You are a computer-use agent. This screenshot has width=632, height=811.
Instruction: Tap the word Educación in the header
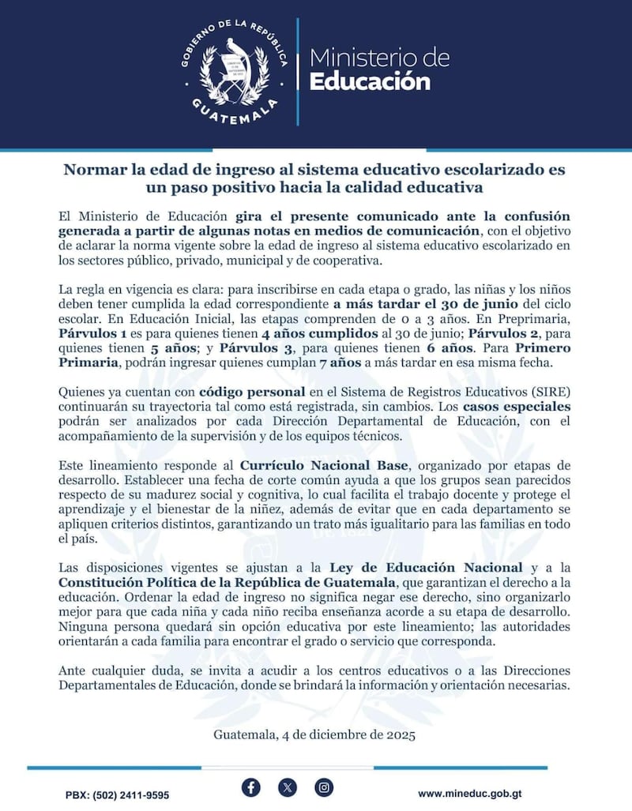(x=370, y=81)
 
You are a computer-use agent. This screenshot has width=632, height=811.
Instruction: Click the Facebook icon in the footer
(x=250, y=787)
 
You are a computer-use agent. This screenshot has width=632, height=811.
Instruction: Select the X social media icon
(x=288, y=787)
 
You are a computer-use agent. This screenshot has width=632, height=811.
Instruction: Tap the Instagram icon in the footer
(x=324, y=787)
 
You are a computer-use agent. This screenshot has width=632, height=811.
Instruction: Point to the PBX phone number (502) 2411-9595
(x=116, y=794)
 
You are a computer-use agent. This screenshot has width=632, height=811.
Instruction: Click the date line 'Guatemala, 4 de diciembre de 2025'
(x=314, y=734)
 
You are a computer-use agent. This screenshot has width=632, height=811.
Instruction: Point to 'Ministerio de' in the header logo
(x=378, y=57)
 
